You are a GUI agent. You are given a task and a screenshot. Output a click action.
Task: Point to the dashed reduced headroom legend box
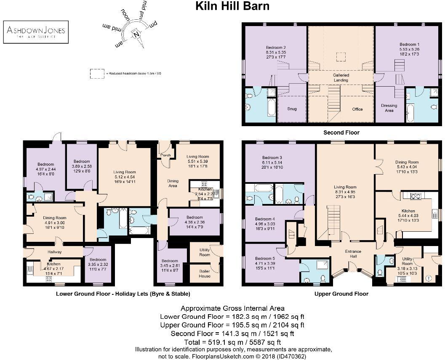click(x=97, y=73)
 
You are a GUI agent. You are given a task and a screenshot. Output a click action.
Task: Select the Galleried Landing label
click(x=341, y=78)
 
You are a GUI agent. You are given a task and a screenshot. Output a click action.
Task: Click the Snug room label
click(x=291, y=109)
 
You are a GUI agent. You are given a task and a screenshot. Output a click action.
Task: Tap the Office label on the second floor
click(x=357, y=109)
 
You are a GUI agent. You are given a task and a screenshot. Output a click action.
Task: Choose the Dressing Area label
click(x=389, y=108)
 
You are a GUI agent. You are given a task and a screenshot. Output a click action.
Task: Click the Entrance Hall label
click(x=352, y=254)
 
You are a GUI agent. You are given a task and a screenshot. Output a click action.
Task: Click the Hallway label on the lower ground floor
click(x=55, y=252)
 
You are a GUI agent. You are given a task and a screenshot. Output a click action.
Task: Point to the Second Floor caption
click(x=341, y=132)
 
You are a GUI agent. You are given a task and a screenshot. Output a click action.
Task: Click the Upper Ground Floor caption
click(x=341, y=294)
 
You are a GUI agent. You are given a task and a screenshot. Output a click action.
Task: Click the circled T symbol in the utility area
click(x=428, y=278)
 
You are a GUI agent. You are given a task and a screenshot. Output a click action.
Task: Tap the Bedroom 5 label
click(x=264, y=258)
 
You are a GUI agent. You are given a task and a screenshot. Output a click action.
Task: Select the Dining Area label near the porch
click(x=173, y=183)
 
